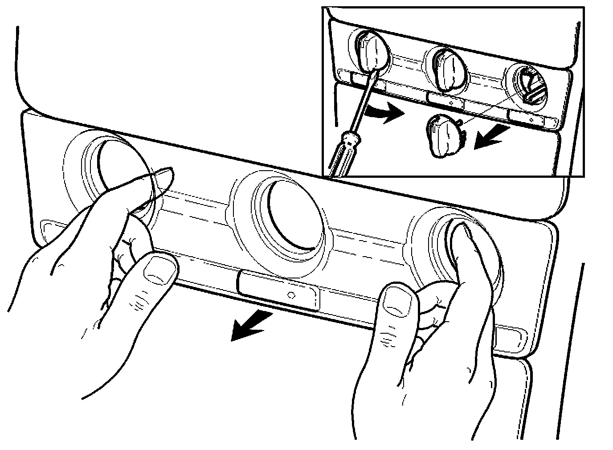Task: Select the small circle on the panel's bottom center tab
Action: point(291,295)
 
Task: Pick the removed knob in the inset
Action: point(444,135)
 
